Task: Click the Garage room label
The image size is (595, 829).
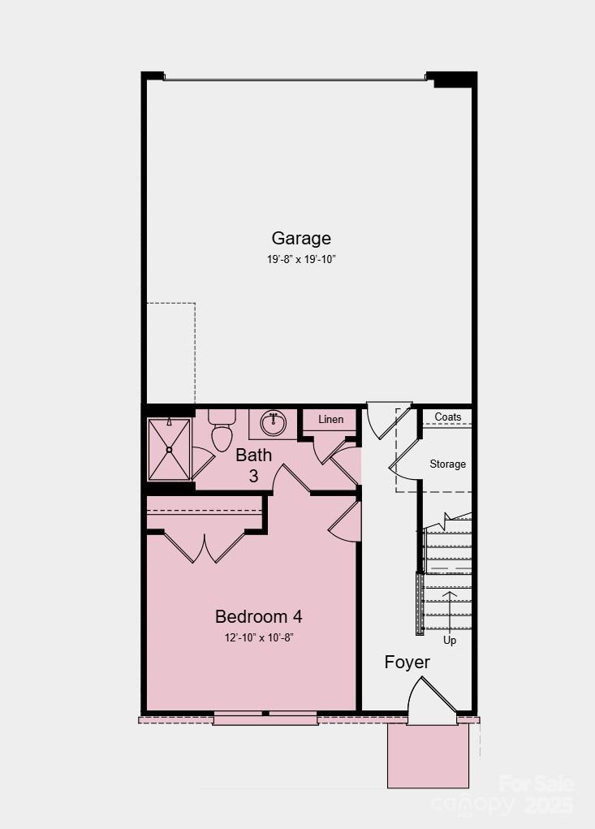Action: point(301,238)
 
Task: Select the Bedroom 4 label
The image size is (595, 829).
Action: point(258,616)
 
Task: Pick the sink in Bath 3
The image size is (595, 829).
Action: point(274,424)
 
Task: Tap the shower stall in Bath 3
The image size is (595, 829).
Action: point(170,449)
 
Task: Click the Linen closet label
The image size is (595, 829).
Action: point(330,420)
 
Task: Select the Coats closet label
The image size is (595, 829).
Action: point(447,417)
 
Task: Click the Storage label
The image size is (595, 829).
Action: point(447,464)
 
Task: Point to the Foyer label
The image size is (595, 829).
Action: point(407,662)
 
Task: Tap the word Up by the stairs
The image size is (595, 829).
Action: point(449,640)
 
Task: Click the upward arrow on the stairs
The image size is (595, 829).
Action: point(449,606)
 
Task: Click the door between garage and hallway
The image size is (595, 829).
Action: point(380,421)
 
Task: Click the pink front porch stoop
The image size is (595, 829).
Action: point(428,756)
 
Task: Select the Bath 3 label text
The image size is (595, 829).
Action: point(253,465)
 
